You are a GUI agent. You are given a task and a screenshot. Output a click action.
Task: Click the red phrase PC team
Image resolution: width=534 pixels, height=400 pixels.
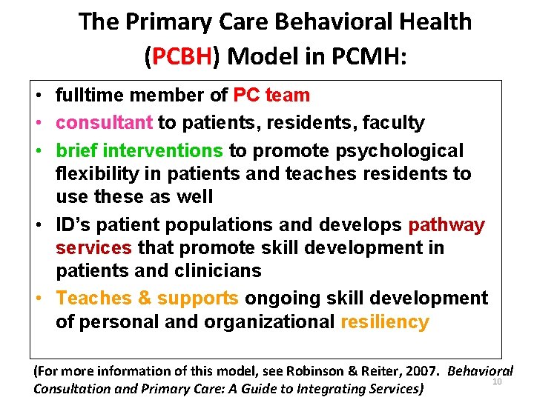click(271, 96)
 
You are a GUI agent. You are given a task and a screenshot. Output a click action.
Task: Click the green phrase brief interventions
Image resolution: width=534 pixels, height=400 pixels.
click(139, 151)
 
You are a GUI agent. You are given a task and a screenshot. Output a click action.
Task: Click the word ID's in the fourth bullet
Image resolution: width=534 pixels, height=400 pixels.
click(73, 225)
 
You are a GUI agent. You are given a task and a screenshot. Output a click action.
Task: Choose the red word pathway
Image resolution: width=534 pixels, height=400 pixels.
click(446, 225)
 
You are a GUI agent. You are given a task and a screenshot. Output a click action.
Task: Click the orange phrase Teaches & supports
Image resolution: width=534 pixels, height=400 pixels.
click(147, 299)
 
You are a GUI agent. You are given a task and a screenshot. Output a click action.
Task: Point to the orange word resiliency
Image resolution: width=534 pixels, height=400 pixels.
click(384, 322)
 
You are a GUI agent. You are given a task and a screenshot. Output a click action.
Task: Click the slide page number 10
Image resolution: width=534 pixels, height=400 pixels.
click(497, 381)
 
